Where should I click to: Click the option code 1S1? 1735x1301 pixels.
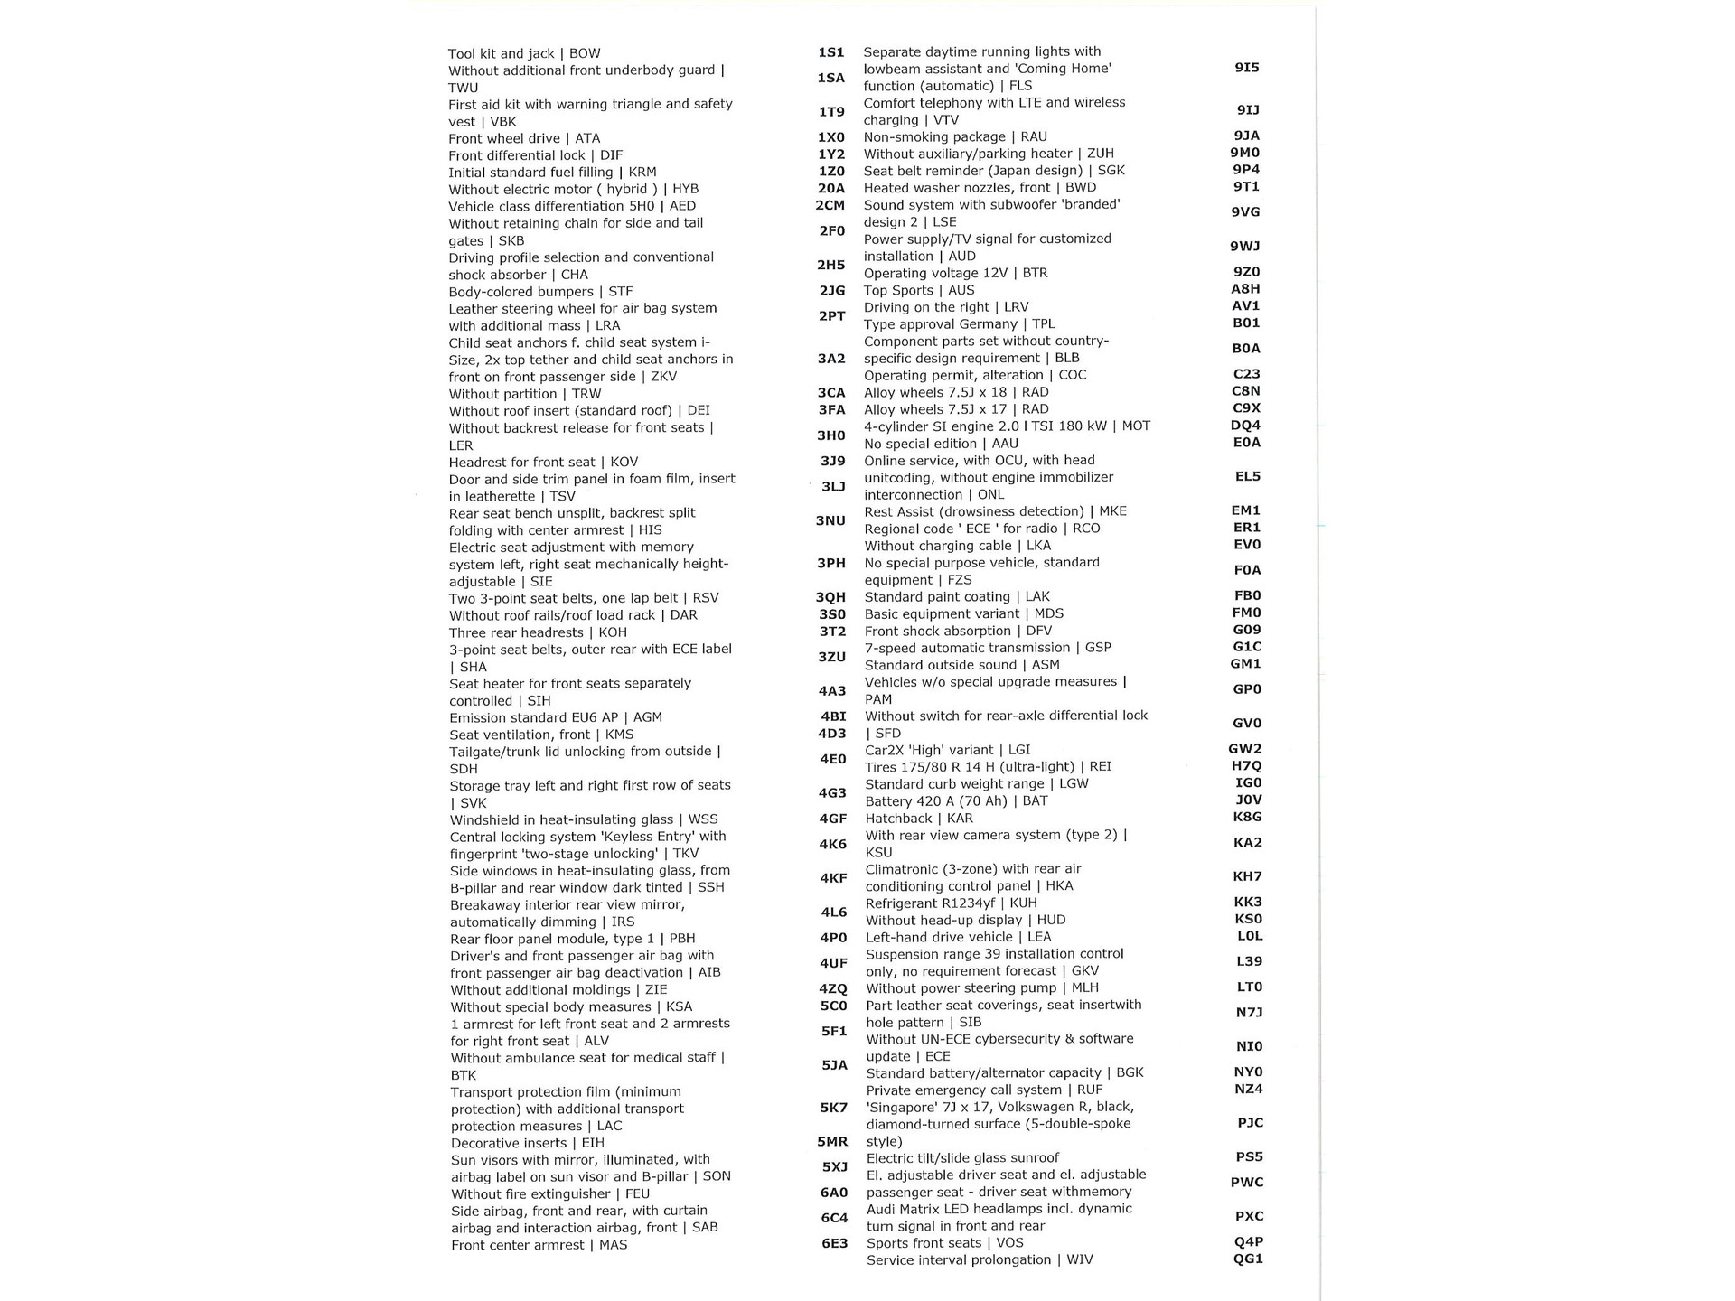click(x=830, y=52)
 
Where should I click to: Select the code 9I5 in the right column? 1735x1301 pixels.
click(x=1246, y=68)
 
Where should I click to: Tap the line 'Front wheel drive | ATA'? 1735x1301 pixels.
click(x=524, y=138)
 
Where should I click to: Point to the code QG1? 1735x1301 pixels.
click(x=1248, y=1259)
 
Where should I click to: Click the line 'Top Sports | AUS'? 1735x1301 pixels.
click(x=918, y=290)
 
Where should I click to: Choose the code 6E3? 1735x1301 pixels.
click(x=834, y=1243)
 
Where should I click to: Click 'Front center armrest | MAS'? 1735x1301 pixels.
click(x=539, y=1245)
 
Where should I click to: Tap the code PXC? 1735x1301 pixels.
click(x=1249, y=1216)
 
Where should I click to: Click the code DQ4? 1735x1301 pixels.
click(x=1245, y=426)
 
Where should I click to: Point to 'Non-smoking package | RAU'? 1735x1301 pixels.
click(x=955, y=136)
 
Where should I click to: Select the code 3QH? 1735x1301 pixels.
click(x=830, y=597)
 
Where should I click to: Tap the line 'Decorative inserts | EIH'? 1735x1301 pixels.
click(x=527, y=1143)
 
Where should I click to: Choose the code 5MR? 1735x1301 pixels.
click(x=832, y=1141)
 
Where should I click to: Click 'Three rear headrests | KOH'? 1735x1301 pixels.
click(x=538, y=632)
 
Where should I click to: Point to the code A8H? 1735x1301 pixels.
click(x=1245, y=289)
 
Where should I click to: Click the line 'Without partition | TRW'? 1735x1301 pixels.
click(x=524, y=394)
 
